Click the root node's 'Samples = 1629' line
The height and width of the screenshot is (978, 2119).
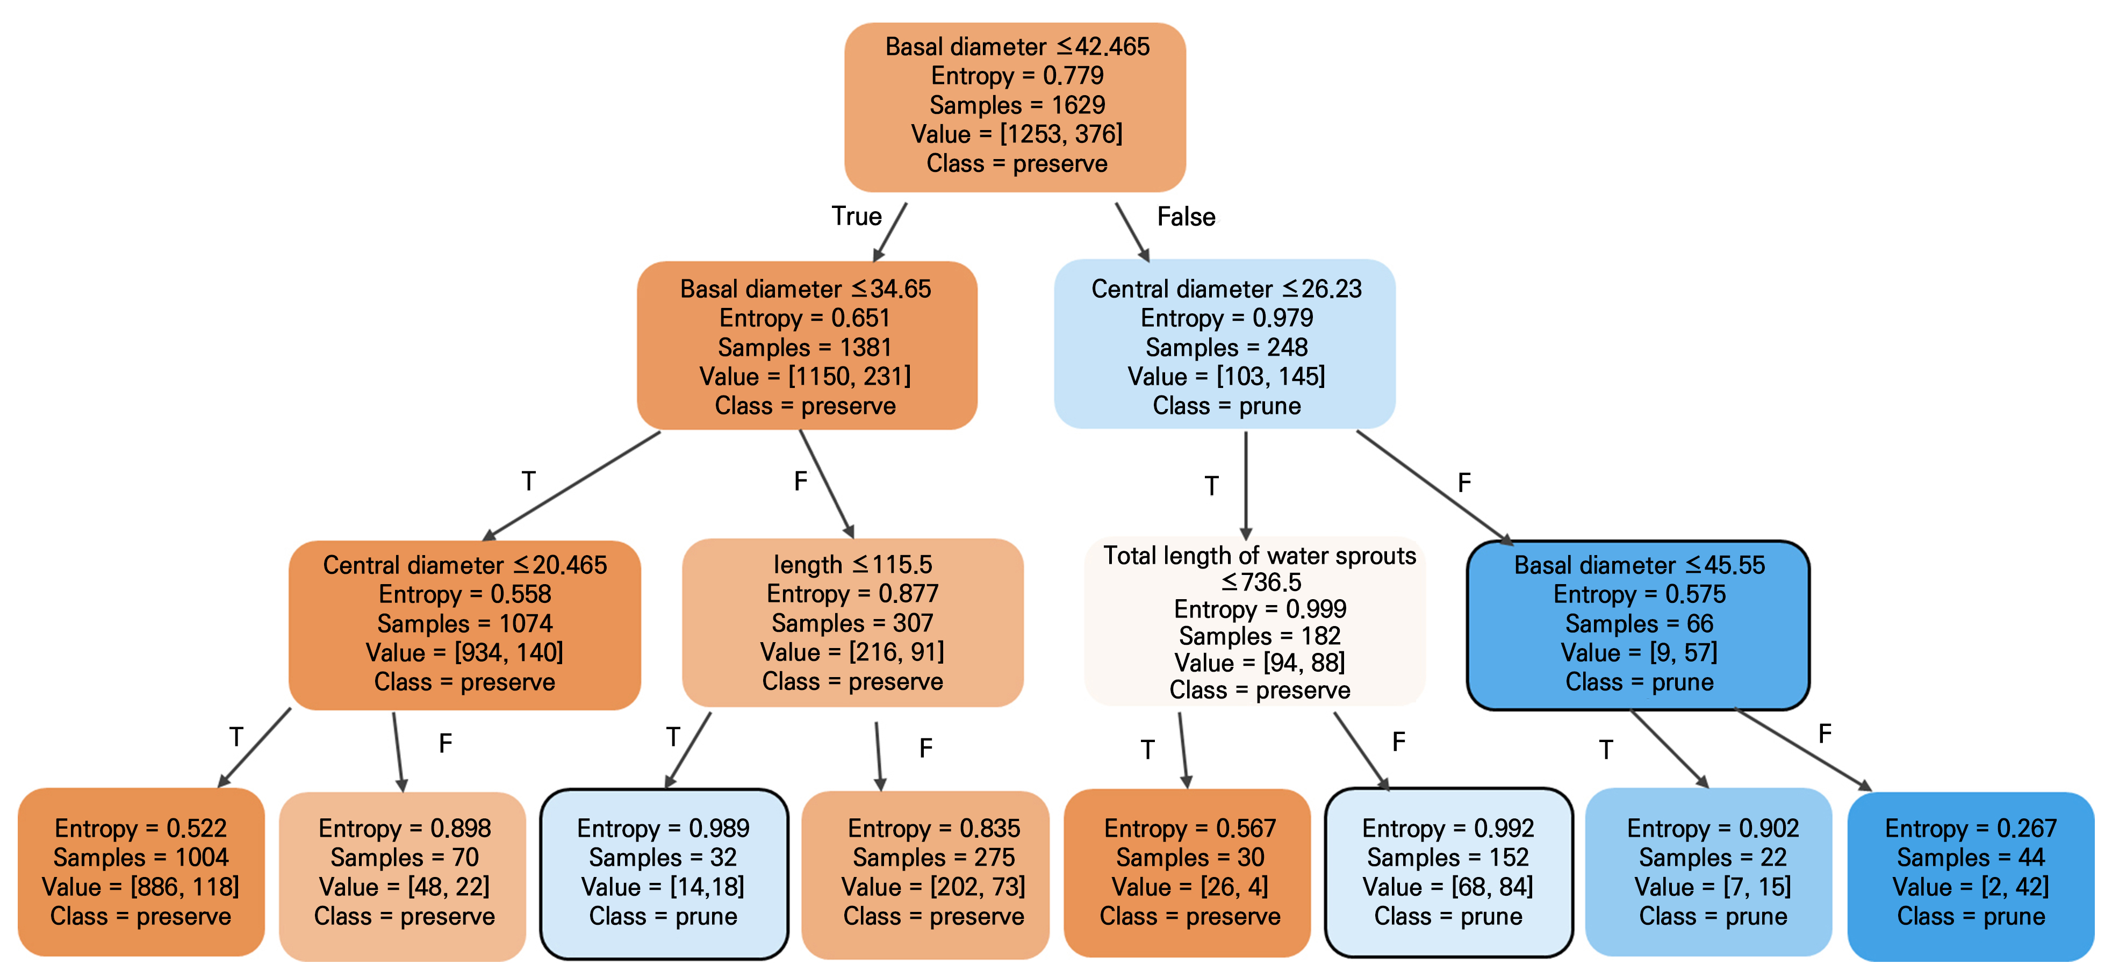[x=1017, y=105]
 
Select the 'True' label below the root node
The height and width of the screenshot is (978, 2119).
[x=856, y=217]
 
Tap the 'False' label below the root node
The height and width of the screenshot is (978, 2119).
[x=1186, y=217]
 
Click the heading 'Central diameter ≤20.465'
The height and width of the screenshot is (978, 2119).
[x=465, y=565]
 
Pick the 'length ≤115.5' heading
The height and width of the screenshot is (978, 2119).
[x=852, y=565]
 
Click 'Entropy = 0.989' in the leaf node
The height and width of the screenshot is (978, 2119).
[x=663, y=828]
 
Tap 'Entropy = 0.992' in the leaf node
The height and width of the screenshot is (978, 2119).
[x=1448, y=828]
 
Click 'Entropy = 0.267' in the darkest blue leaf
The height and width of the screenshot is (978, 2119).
[x=1970, y=828]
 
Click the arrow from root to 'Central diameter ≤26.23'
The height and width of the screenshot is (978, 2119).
[x=1132, y=232]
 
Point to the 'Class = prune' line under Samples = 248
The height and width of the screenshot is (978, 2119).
[x=1226, y=406]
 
